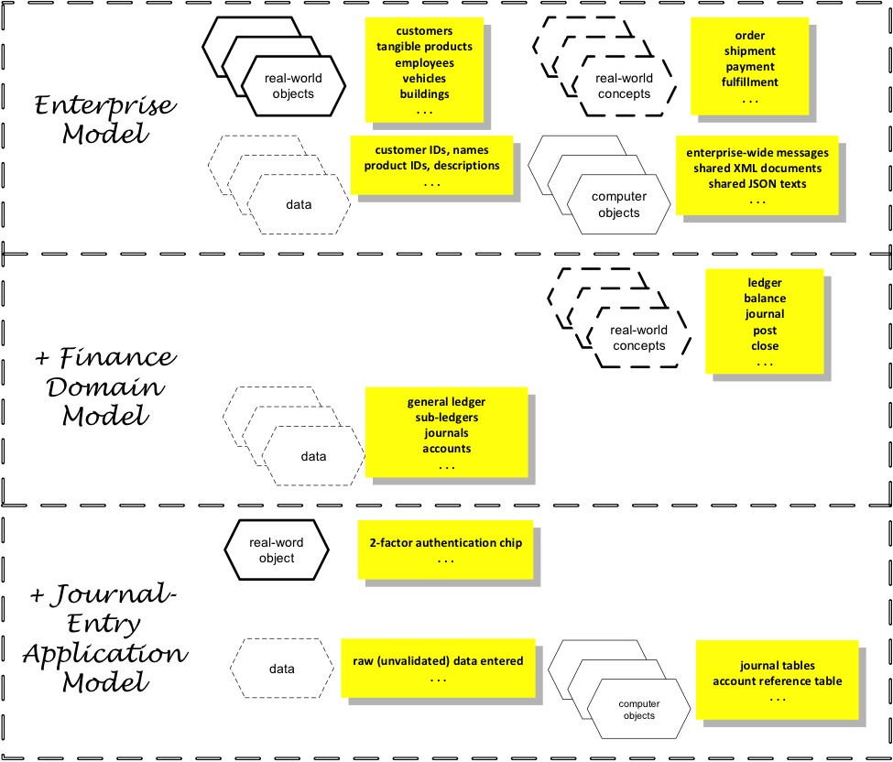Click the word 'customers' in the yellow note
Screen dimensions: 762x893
pos(424,31)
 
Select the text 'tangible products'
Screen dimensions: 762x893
pos(424,47)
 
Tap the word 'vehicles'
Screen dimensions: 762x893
pos(424,79)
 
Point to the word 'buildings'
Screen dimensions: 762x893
pos(424,94)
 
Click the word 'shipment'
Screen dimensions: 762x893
pos(749,51)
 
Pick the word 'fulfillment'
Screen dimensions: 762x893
pos(749,82)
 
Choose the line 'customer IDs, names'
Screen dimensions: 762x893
pos(431,150)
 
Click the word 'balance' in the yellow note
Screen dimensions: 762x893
pos(764,299)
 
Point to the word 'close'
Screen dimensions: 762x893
pos(764,346)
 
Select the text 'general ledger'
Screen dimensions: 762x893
pos(446,402)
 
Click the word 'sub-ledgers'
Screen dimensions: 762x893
pos(446,418)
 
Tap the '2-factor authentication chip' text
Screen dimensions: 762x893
pos(445,543)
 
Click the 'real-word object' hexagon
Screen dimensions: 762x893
pos(276,550)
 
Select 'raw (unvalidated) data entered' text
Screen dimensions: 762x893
pos(438,661)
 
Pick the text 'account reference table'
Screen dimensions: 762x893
pos(777,681)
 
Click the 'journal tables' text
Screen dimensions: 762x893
pos(777,666)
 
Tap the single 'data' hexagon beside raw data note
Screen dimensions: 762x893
pos(281,669)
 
